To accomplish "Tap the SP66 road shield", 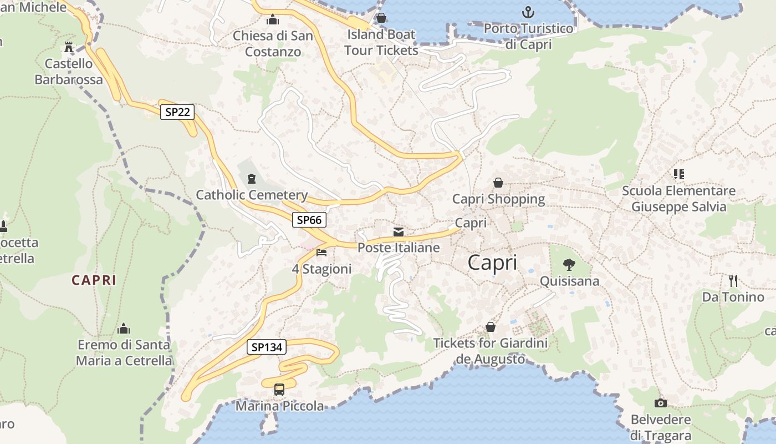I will [x=309, y=220].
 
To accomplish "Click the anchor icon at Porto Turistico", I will [x=528, y=12].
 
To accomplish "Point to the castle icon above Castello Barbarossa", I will [x=69, y=47].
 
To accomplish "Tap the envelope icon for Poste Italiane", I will [x=399, y=232].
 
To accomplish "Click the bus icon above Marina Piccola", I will [x=279, y=390].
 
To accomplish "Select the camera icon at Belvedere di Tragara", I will [x=660, y=403].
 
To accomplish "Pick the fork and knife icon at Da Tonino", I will [x=733, y=281].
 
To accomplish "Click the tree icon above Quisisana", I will [x=569, y=264].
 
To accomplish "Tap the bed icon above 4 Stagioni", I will [x=321, y=253].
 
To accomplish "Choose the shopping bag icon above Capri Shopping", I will [x=498, y=183].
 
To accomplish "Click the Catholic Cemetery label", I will [x=252, y=195].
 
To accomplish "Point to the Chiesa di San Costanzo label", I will [x=273, y=44].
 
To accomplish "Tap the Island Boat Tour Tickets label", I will [x=381, y=42].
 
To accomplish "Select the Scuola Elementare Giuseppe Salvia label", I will [x=678, y=199].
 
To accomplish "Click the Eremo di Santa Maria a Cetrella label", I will [x=124, y=352].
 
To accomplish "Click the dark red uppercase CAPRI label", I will [x=94, y=280].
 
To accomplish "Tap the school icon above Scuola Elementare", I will [x=678, y=174].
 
